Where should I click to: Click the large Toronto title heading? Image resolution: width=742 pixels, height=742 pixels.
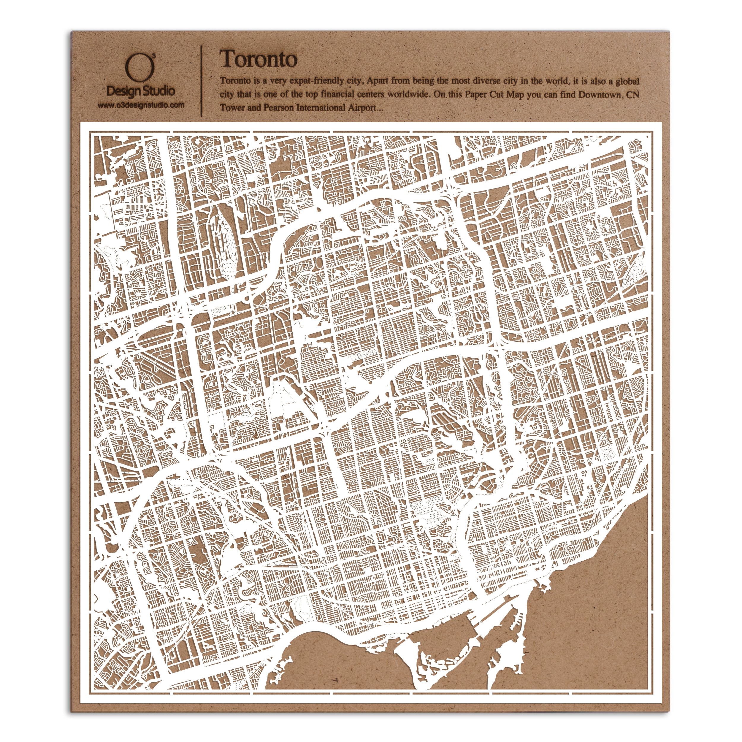(258, 60)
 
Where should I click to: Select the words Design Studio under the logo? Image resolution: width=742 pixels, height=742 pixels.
(141, 91)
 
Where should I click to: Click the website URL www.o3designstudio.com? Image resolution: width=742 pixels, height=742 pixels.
(141, 104)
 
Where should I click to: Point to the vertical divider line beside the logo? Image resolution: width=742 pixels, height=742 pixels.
(202, 81)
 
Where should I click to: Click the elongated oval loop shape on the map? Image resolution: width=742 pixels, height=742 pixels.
(223, 242)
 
